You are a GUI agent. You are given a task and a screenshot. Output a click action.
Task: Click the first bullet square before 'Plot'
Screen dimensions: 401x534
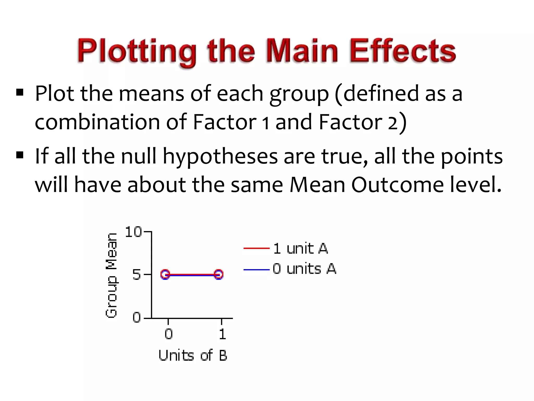tap(20, 92)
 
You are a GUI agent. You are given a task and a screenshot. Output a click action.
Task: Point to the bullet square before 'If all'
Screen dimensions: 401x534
tap(20, 155)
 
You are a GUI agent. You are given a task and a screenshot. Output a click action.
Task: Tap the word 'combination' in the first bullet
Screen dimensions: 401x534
tap(97, 122)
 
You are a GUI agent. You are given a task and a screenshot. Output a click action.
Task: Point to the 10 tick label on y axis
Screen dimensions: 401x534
tap(133, 232)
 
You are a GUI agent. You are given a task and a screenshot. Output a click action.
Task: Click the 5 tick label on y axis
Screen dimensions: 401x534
tap(137, 275)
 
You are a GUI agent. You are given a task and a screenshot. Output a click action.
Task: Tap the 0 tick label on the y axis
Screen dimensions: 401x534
tap(137, 317)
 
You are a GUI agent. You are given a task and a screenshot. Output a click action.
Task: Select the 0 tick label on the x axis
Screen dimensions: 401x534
tap(168, 334)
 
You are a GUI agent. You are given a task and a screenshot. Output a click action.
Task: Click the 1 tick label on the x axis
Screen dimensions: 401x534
tap(222, 334)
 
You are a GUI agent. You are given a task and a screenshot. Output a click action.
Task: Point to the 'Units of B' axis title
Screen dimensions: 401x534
tap(193, 355)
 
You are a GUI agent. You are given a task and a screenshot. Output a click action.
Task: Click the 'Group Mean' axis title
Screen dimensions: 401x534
tap(112, 275)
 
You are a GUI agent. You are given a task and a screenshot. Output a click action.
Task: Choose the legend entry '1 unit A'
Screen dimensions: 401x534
tap(300, 248)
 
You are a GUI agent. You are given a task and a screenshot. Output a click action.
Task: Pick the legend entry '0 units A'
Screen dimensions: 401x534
tap(304, 269)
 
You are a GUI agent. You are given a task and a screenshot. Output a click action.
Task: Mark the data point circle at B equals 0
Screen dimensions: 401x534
tap(165, 274)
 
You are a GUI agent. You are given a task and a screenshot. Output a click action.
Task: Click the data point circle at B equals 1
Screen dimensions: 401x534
tap(219, 274)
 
